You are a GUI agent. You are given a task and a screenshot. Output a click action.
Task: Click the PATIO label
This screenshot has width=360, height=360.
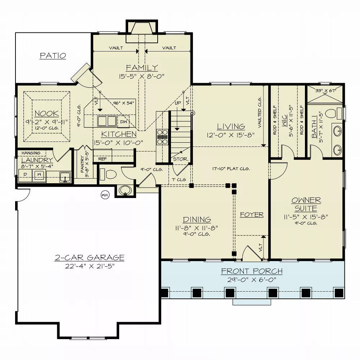pos(53,56)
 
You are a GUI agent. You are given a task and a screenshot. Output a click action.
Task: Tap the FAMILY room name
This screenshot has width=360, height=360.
pos(141,68)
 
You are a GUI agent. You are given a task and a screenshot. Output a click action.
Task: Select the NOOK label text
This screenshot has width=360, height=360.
pos(47,114)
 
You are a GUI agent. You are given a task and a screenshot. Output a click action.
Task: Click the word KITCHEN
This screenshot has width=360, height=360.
pos(119,134)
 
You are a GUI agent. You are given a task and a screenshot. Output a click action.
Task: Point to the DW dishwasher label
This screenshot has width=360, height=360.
pos(123,122)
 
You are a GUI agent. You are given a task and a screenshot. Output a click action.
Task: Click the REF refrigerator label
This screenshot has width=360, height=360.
pos(103,158)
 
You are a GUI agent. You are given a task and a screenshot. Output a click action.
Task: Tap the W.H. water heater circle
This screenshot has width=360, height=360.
pos(105,195)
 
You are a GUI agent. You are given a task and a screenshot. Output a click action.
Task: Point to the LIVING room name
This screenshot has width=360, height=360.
pos(231,127)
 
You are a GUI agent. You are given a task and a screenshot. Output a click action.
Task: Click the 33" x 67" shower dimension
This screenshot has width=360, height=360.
pos(325,90)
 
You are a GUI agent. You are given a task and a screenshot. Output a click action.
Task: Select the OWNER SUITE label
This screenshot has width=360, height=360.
pos(306,204)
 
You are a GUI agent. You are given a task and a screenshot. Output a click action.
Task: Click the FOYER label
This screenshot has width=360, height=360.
pos(252,215)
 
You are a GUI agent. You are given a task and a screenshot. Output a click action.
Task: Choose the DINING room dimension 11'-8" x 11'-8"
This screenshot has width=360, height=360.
pos(197,228)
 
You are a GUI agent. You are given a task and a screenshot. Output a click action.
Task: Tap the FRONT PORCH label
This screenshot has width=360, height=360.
pos(252,271)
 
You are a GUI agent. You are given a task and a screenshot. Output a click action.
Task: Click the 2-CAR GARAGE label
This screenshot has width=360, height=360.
pos(90,258)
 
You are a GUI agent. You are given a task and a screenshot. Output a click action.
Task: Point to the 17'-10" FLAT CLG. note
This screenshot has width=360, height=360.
pos(231,168)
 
